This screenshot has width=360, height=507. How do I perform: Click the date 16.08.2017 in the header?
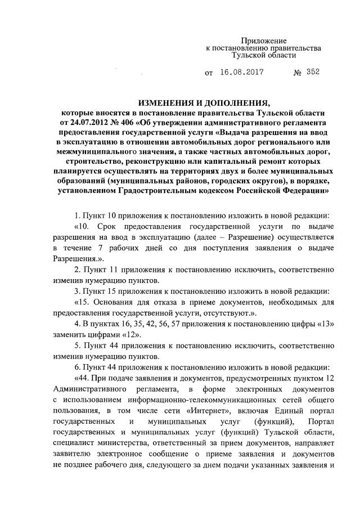point(242,73)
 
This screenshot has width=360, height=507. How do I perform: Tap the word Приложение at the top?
point(264,41)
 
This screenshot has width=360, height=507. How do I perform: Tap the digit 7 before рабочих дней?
point(103,249)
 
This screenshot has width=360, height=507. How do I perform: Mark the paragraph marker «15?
point(84,302)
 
